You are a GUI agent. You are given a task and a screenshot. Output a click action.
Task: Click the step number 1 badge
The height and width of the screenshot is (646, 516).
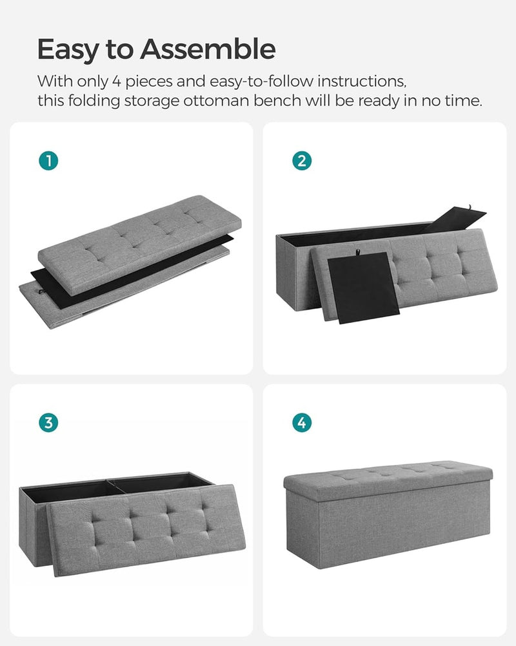[x=48, y=161]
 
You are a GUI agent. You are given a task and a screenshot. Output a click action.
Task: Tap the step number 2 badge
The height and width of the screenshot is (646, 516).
[x=301, y=161]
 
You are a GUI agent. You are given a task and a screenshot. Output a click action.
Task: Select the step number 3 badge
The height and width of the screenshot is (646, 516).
[x=48, y=423]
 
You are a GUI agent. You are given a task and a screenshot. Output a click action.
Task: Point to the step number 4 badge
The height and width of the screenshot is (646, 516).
[x=301, y=423]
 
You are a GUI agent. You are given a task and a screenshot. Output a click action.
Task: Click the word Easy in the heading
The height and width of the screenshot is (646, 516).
[x=68, y=49]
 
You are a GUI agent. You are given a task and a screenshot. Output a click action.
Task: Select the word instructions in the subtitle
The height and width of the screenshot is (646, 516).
[x=359, y=82]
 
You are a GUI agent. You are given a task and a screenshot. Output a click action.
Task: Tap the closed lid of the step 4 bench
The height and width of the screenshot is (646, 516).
[x=387, y=471]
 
